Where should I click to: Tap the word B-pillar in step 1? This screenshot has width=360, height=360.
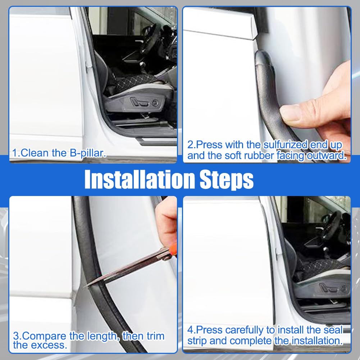(88, 153)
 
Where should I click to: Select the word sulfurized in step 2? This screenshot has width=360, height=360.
(286, 145)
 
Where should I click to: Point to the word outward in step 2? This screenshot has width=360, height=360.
(327, 156)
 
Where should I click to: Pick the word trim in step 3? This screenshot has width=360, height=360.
(155, 336)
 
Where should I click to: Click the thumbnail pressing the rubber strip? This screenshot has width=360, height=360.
(291, 113)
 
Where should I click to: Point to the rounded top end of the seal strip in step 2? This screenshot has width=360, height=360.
(262, 55)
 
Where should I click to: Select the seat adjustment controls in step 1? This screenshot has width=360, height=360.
(145, 102)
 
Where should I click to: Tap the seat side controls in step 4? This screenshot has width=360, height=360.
(334, 288)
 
